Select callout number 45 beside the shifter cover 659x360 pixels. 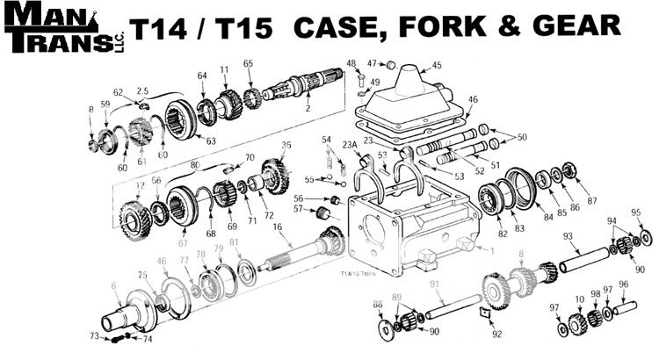pyautogui.click(x=437, y=65)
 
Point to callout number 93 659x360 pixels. pyautogui.click(x=568, y=235)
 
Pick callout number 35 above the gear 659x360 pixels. pyautogui.click(x=286, y=145)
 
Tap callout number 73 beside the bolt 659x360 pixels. pyautogui.click(x=94, y=336)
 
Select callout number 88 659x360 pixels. pyautogui.click(x=378, y=304)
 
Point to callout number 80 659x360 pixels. pyautogui.click(x=195, y=162)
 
